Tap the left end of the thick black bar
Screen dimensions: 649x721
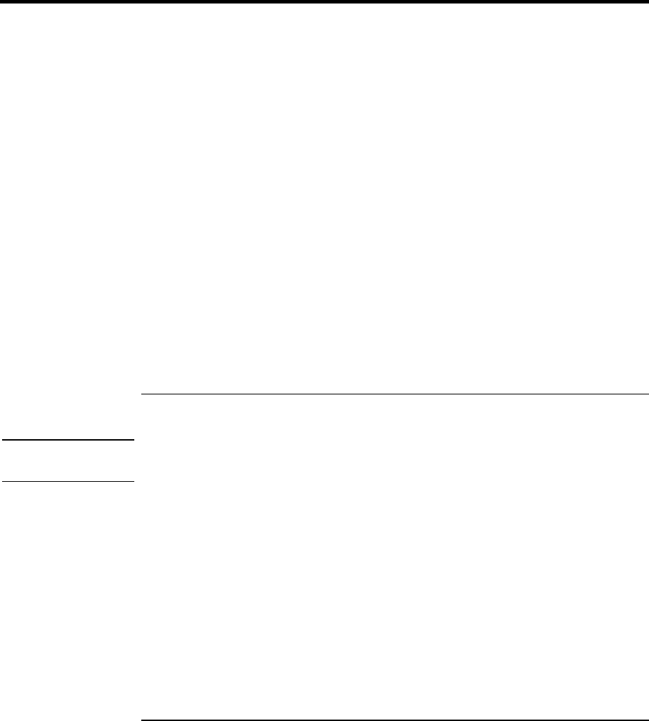point(1,2)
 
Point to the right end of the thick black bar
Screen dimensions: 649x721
point(647,2)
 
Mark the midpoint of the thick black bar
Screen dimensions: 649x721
point(324,2)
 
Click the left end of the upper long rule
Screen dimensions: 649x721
point(141,394)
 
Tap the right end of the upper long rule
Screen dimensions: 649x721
point(648,394)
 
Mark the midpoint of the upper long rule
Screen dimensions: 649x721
point(394,394)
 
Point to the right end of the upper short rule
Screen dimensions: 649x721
point(133,440)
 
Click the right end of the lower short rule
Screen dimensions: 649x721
point(133,481)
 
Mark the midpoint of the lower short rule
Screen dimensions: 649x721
point(66,481)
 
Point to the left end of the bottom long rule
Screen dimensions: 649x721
point(141,719)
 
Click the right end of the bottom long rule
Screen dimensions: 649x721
point(648,719)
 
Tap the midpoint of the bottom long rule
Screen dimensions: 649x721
point(394,719)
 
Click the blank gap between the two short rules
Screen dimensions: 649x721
point(66,461)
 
